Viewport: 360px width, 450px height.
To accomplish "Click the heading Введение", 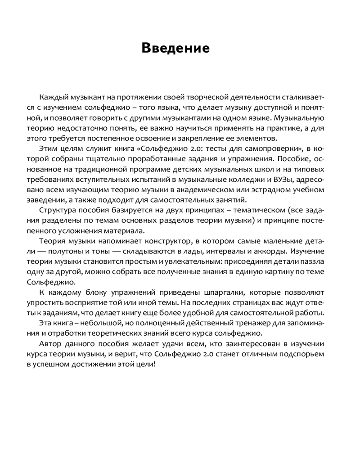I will click(x=175, y=48).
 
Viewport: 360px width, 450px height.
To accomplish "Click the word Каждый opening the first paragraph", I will click(x=53, y=98).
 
